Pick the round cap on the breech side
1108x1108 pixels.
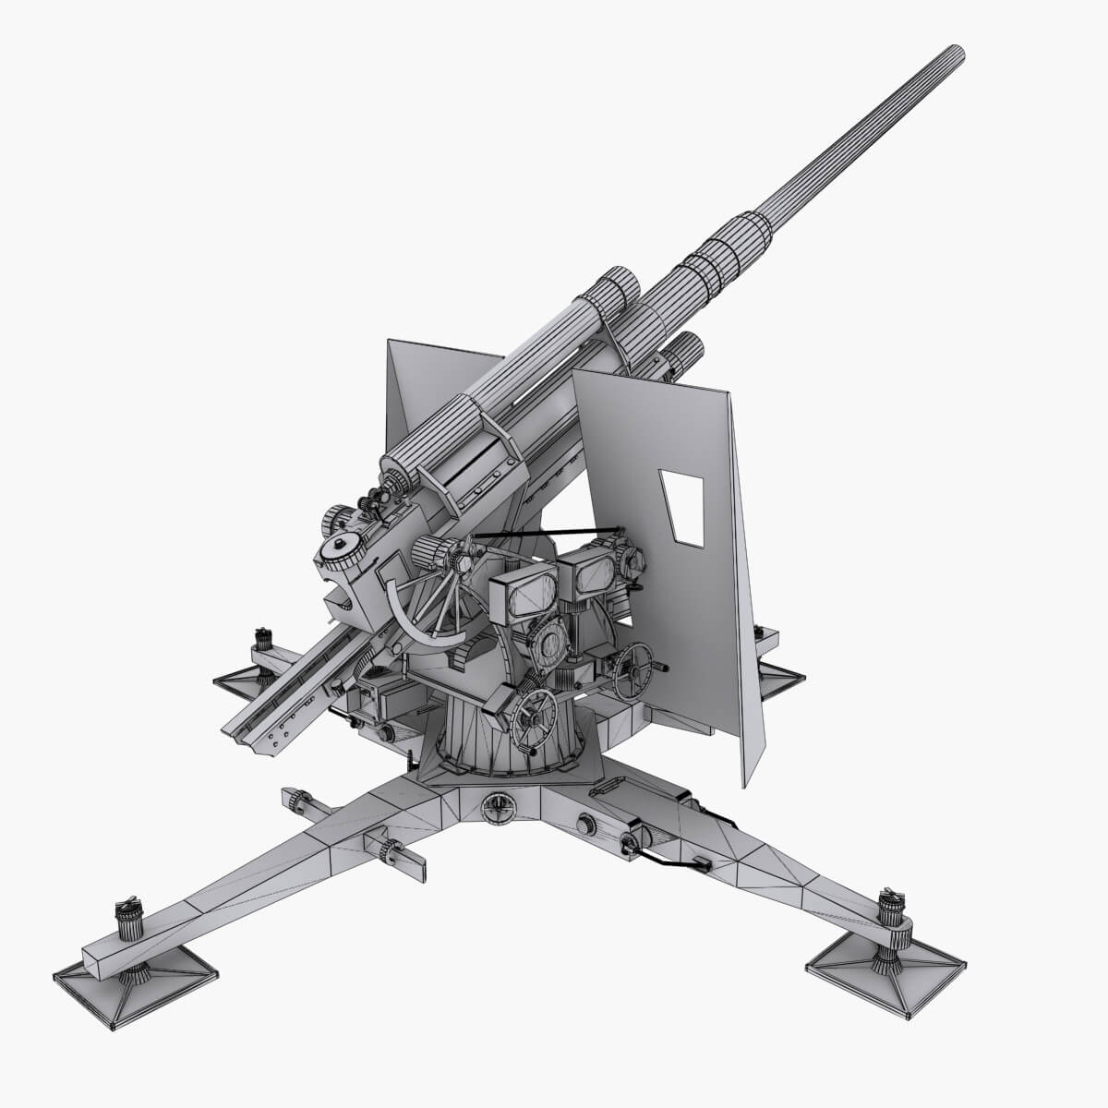pyautogui.click(x=345, y=548)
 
